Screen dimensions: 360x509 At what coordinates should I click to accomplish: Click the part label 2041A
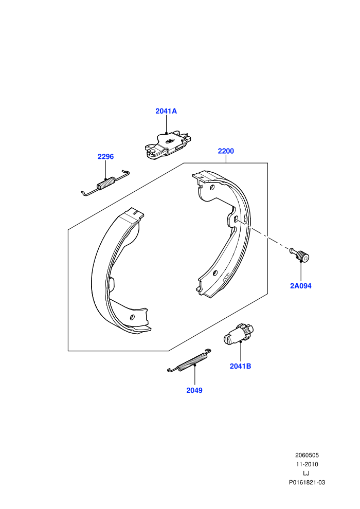(x=166, y=111)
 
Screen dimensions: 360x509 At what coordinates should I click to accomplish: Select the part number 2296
(x=105, y=156)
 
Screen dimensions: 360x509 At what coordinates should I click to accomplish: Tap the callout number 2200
(x=226, y=151)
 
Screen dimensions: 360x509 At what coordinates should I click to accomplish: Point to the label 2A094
(x=300, y=286)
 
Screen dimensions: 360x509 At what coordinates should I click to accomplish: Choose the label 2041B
(x=240, y=366)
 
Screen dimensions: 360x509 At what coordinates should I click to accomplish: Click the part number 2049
(x=194, y=390)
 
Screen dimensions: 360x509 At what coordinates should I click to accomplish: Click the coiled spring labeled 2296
(x=105, y=183)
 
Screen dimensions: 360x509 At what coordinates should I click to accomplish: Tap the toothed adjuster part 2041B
(x=239, y=334)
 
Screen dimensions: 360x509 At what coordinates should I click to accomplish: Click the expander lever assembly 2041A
(x=167, y=145)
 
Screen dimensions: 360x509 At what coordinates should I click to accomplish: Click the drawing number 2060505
(x=307, y=455)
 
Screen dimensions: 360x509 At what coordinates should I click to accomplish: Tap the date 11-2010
(x=307, y=464)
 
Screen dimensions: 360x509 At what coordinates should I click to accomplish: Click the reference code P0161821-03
(x=307, y=482)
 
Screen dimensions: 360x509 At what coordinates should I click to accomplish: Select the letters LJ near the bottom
(x=307, y=474)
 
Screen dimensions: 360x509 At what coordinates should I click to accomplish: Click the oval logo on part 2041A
(x=169, y=141)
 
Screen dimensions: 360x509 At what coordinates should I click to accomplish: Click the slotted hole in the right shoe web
(x=236, y=219)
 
